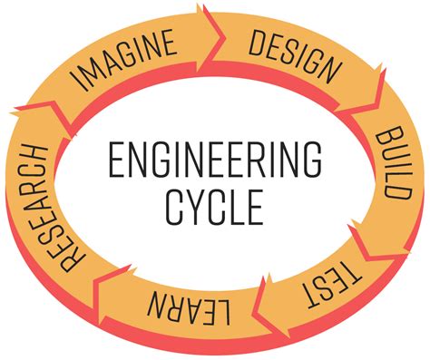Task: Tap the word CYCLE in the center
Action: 215,207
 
